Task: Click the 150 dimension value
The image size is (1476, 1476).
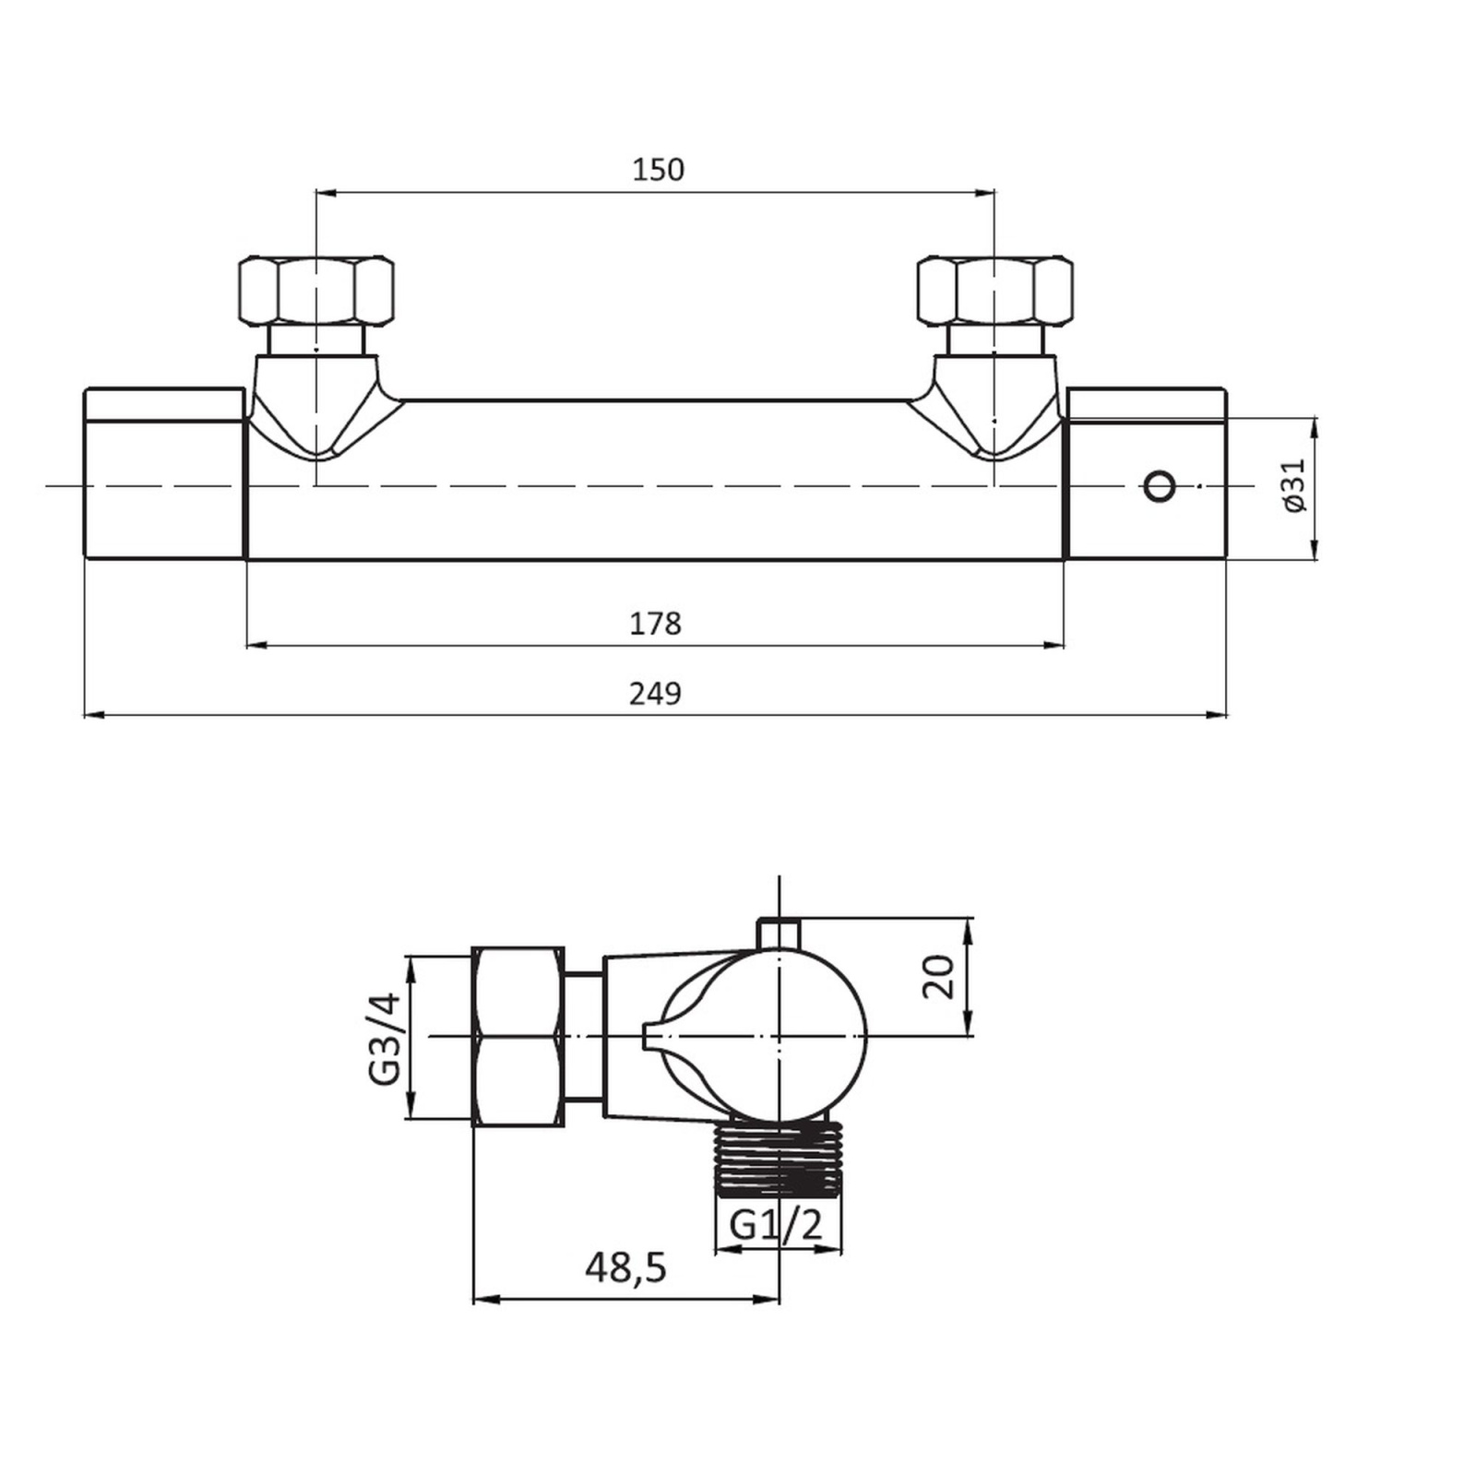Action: pos(658,170)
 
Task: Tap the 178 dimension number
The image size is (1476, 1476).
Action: pos(655,624)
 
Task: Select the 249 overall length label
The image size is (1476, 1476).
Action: pos(655,693)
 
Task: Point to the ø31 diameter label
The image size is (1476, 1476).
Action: pos(1294,485)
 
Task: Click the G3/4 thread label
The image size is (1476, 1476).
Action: pos(385,1038)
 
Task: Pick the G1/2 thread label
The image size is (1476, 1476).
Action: pos(776,1225)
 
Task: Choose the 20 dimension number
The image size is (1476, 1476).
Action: pos(938,977)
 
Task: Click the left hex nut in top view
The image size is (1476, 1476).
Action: pos(316,290)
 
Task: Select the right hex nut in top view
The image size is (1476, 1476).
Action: pos(994,290)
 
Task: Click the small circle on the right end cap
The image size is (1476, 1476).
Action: pos(1160,485)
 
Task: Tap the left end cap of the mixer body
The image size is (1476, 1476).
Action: pos(165,473)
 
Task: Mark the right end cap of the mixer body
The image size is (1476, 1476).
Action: pos(1146,473)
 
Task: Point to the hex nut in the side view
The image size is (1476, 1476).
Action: pos(518,1035)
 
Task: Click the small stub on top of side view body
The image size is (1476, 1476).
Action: pos(780,933)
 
